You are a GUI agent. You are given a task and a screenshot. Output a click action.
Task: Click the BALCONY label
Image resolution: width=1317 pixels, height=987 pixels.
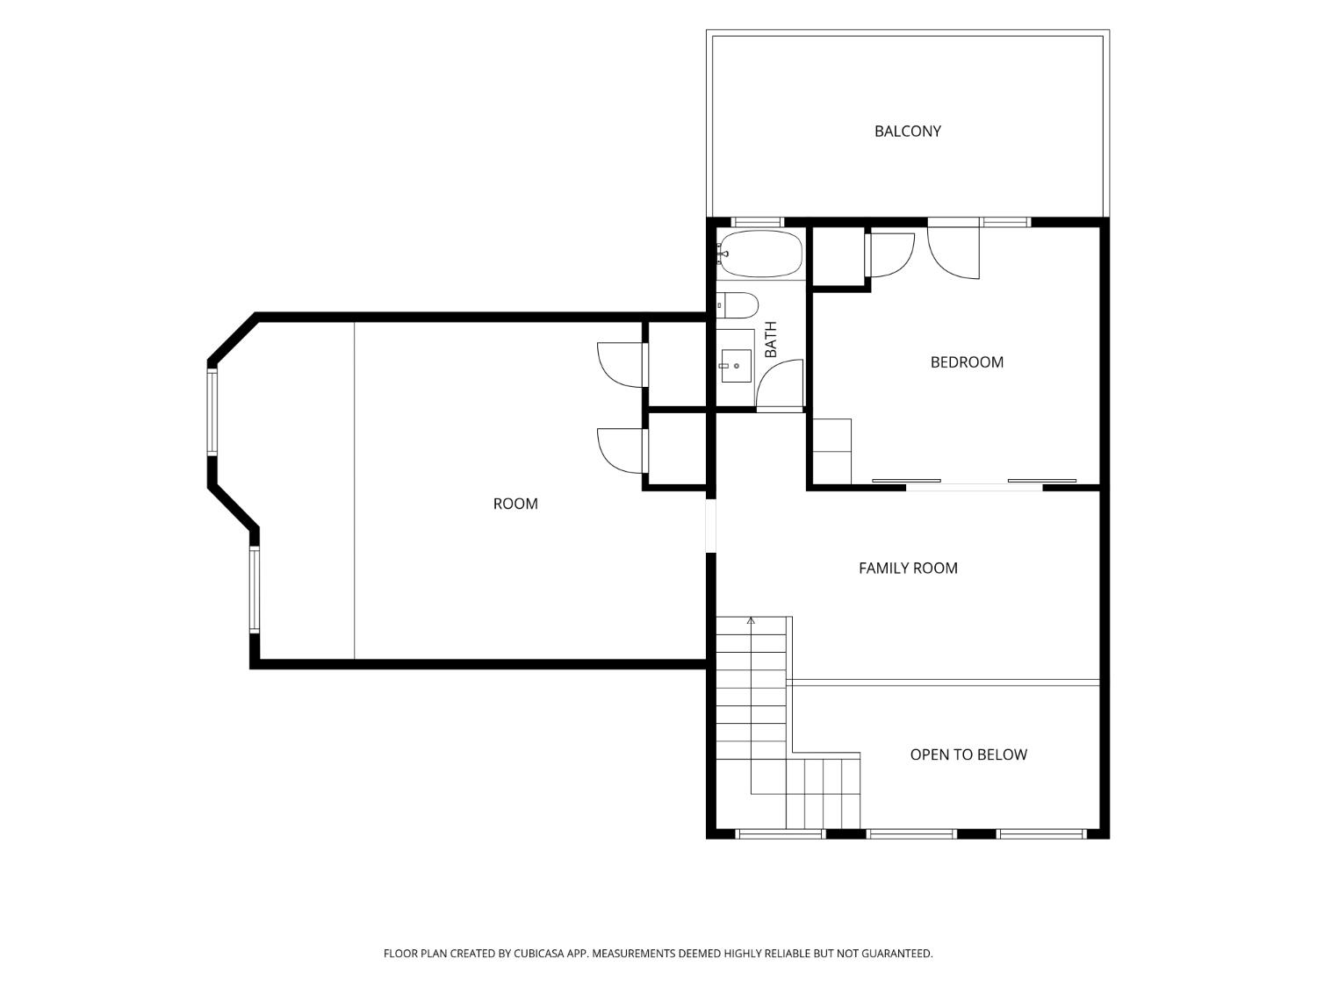[x=907, y=132]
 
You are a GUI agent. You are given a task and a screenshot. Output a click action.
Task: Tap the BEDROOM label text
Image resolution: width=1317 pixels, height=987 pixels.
[x=966, y=362]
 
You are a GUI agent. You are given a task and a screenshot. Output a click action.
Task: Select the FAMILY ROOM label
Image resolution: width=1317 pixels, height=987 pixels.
[x=907, y=569]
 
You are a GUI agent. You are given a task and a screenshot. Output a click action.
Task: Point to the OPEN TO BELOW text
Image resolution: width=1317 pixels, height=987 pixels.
[x=968, y=755]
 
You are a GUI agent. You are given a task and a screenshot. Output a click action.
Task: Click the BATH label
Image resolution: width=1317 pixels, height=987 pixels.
[x=770, y=340]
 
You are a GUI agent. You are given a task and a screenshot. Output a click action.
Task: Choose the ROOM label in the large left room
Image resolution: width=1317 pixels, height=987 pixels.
[x=515, y=504]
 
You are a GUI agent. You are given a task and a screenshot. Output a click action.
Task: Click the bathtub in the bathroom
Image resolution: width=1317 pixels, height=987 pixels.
[x=760, y=254]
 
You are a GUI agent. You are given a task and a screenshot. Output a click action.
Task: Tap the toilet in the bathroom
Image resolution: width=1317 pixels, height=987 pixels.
[x=738, y=305]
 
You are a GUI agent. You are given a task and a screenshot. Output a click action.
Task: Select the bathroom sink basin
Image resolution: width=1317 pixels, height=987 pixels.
[x=736, y=366]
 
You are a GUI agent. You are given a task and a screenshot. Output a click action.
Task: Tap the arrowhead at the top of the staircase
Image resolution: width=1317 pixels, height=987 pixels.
[x=750, y=620]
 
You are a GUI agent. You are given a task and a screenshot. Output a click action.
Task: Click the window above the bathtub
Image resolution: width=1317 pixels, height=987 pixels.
[x=757, y=222]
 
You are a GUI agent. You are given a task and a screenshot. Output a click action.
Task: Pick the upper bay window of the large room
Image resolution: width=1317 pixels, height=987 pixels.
[x=212, y=412]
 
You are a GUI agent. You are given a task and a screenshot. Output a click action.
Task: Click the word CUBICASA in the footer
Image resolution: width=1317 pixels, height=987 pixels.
[x=539, y=953]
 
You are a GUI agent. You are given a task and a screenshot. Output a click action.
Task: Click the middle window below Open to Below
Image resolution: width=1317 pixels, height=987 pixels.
[x=911, y=833]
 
